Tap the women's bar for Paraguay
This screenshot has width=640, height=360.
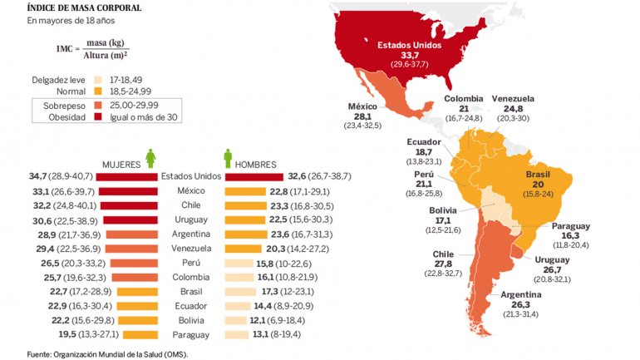pos(139,335)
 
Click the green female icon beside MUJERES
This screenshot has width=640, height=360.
pos(150,158)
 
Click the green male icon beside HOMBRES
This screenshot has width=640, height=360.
pos(227,158)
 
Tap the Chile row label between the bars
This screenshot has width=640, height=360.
pos(191,205)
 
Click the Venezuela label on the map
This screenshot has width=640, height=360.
pos(512,98)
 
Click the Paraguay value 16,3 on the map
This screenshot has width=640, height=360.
pos(570,236)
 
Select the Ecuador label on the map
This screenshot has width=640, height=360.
pos(423,141)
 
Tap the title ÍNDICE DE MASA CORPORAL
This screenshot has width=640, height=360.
pos(72,8)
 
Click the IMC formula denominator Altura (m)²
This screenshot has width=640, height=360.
pos(106,56)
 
